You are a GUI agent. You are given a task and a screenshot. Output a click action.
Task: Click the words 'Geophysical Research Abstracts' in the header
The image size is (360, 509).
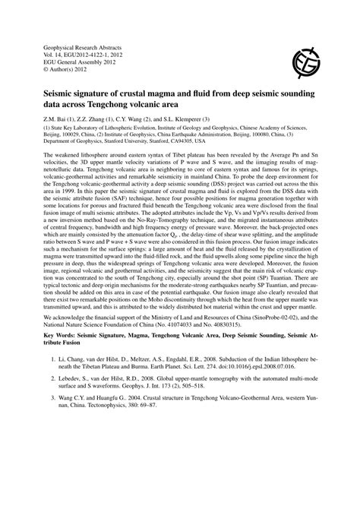(74, 47)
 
